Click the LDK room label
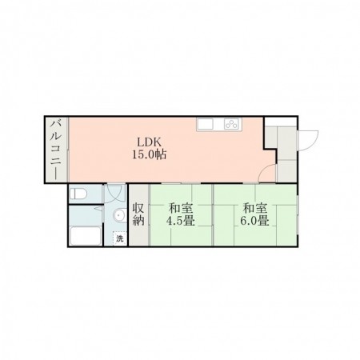click(x=149, y=142)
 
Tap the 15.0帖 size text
click(x=150, y=154)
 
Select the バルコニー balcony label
click(x=56, y=150)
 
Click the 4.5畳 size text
click(x=181, y=221)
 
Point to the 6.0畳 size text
click(x=254, y=221)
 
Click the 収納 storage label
click(x=138, y=214)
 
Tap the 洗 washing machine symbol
click(x=120, y=238)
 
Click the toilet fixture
click(x=78, y=194)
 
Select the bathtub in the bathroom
click(x=86, y=235)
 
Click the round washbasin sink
click(x=119, y=215)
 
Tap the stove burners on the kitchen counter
click(x=231, y=124)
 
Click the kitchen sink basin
click(x=206, y=124)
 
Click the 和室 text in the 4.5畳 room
click(x=181, y=209)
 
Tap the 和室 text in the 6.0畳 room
click(x=254, y=209)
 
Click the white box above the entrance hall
click(x=280, y=122)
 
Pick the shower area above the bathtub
click(x=86, y=215)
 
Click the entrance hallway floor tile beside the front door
click(x=287, y=143)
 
